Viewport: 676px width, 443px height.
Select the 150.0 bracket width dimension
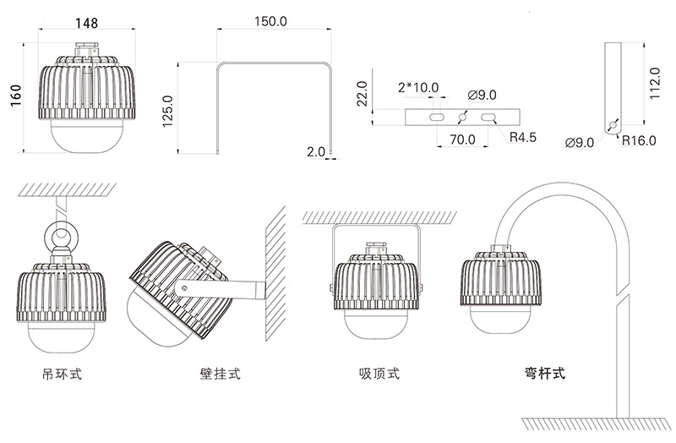coord(270,22)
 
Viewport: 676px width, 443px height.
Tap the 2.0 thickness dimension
coord(316,152)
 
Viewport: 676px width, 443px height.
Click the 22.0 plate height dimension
coord(363,96)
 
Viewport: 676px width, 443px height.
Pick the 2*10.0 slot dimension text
coord(417,87)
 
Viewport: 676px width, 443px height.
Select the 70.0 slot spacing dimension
coord(461,139)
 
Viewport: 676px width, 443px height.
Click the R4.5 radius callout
coord(523,135)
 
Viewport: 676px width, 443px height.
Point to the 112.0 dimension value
coord(653,84)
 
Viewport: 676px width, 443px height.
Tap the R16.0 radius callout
coord(640,140)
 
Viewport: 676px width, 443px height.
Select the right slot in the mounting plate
coord(489,118)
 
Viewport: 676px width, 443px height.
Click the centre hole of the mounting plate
coord(462,118)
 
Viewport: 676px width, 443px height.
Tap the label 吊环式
coord(62,372)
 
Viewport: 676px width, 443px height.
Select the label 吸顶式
coord(379,372)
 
